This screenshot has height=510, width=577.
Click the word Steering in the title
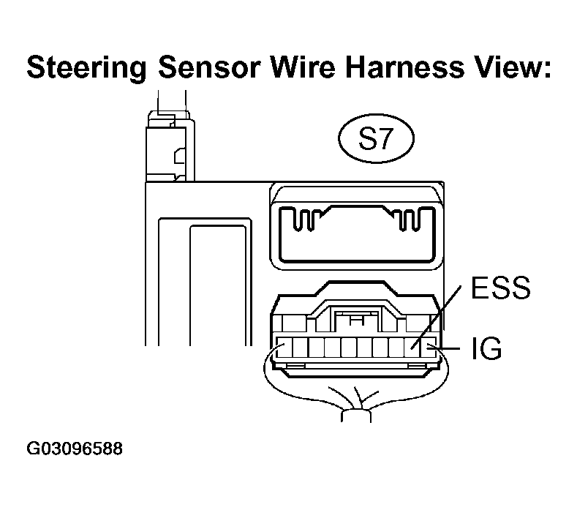click(x=86, y=69)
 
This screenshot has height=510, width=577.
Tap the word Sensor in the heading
click(x=209, y=67)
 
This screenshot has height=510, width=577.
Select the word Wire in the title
click(x=303, y=67)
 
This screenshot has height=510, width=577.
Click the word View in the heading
click(x=512, y=67)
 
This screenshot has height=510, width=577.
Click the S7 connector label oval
click(x=376, y=138)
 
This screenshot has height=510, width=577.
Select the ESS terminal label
click(x=501, y=288)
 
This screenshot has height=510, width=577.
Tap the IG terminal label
click(x=486, y=348)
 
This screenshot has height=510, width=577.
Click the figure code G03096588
click(x=75, y=449)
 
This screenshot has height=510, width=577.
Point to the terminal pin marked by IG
click(x=429, y=348)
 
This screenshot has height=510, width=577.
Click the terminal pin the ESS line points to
click(x=412, y=348)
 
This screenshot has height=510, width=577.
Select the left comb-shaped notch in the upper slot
click(x=304, y=220)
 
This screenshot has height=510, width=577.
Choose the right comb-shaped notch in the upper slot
click(x=410, y=220)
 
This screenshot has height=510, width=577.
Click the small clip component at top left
click(x=170, y=146)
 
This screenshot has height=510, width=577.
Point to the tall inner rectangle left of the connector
click(x=218, y=285)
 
